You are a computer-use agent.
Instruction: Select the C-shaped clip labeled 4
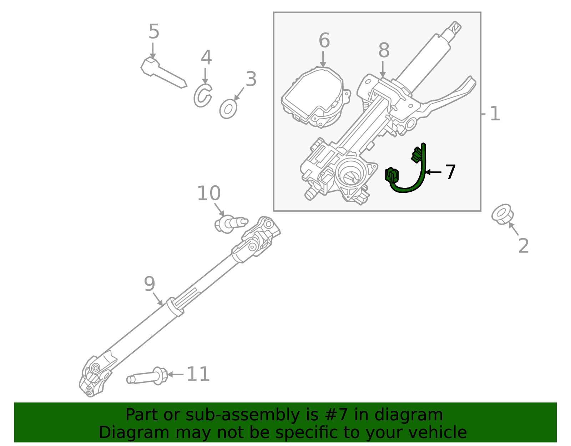pyautogui.click(x=202, y=96)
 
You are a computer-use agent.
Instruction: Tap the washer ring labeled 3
pyautogui.click(x=228, y=109)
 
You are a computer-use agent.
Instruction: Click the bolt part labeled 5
pyautogui.click(x=163, y=73)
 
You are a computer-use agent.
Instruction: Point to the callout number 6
pyautogui.click(x=324, y=40)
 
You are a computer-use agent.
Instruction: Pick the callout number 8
pyautogui.click(x=384, y=50)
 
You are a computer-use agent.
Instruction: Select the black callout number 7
pyautogui.click(x=450, y=172)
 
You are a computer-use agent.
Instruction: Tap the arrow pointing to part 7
pyautogui.click(x=434, y=172)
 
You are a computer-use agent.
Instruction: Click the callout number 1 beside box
pyautogui.click(x=495, y=114)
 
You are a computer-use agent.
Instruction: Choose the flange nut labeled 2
pyautogui.click(x=502, y=214)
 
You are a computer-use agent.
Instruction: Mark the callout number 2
pyautogui.click(x=523, y=246)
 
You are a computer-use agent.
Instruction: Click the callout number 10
pyautogui.click(x=209, y=194)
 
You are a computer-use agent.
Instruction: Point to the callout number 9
pyautogui.click(x=150, y=284)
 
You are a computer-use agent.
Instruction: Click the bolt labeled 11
pyautogui.click(x=148, y=377)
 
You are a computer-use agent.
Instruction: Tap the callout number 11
pyautogui.click(x=198, y=375)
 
